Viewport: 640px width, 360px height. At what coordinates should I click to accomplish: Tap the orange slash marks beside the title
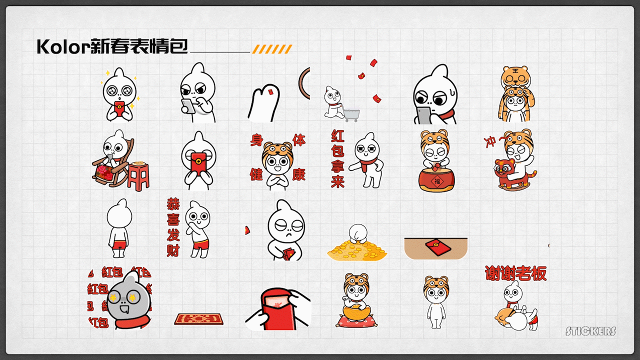tap(272, 49)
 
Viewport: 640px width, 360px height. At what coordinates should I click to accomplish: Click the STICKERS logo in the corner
tap(590, 331)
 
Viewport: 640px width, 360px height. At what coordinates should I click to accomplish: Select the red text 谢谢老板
tap(515, 273)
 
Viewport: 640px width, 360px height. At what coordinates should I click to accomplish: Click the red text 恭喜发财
tap(173, 227)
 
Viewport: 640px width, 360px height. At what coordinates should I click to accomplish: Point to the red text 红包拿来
tap(338, 158)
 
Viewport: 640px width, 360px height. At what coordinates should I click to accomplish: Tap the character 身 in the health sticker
tap(256, 140)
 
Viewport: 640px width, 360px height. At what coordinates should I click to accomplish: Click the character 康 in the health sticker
tap(298, 174)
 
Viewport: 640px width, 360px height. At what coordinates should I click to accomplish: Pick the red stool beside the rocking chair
tap(138, 175)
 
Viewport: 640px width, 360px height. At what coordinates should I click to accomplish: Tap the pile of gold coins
tap(357, 250)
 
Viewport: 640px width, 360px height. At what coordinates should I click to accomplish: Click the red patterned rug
tap(198, 318)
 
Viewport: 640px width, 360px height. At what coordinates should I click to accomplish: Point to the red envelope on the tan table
tap(438, 247)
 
